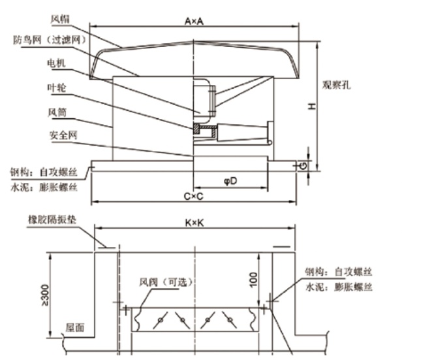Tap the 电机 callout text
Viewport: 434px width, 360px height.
[x=54, y=63]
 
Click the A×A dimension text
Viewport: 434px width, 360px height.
[x=194, y=22]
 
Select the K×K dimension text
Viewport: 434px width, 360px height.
[x=194, y=223]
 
